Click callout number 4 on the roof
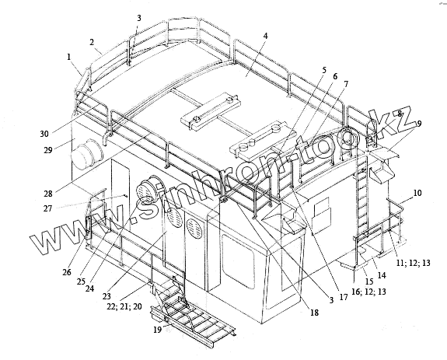(265, 37)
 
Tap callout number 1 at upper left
(68, 57)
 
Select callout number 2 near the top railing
(92, 43)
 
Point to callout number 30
(44, 134)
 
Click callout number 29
(48, 149)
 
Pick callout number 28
(48, 194)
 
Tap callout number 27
(48, 208)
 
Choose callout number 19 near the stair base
(158, 330)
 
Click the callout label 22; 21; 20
(124, 306)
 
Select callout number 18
(314, 313)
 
